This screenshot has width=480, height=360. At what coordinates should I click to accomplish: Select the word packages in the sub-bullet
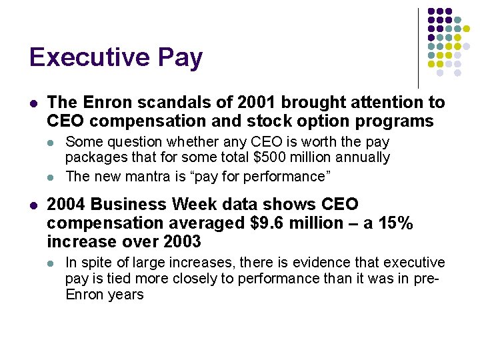[92, 158]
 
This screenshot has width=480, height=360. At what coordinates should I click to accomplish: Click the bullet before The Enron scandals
[33, 103]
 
